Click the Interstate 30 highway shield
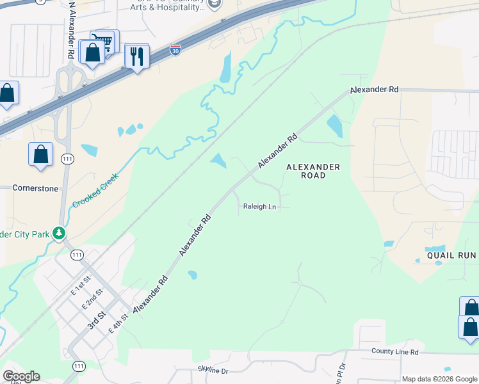pos(175,50)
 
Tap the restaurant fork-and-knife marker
pos(137,57)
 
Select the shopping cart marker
pos(104,42)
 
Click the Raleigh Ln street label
pos(259,207)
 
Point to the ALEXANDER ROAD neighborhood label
pos(313,171)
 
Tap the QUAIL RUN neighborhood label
pos(451,255)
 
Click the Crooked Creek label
pos(95,189)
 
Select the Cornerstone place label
pos(35,189)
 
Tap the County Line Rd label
pos(394,352)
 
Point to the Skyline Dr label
pos(212,371)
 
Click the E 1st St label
pos(81,285)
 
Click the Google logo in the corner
pos(21,376)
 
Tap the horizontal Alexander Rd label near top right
pos(375,90)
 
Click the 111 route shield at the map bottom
pos(79,366)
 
